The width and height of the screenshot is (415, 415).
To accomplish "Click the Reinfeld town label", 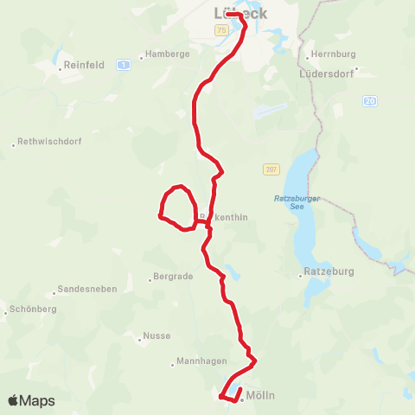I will [x=85, y=65].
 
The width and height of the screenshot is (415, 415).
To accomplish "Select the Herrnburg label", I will [x=333, y=54].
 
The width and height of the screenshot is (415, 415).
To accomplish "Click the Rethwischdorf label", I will [x=46, y=144].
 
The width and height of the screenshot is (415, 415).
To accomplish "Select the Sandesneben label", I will [x=86, y=289].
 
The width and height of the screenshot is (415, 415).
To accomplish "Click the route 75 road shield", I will [x=221, y=31].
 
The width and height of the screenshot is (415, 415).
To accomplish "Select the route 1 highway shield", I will [x=124, y=65].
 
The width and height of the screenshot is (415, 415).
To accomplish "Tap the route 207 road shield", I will [x=271, y=169].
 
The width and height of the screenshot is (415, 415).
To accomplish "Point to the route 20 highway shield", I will [x=370, y=101].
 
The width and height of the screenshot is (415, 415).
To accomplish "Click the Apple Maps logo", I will [x=31, y=400].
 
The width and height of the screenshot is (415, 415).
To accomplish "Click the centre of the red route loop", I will [x=177, y=207].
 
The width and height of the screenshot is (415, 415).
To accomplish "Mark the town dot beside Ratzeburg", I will [x=302, y=272].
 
